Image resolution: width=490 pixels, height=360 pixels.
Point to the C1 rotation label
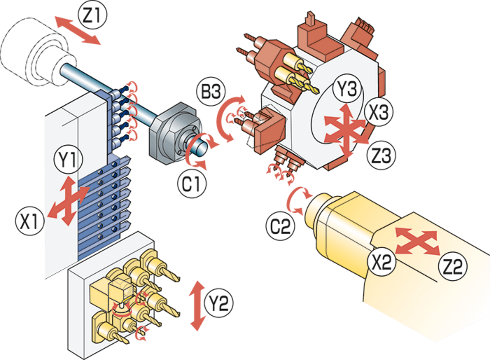point(192,184)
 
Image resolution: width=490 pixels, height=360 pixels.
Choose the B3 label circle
point(211,92)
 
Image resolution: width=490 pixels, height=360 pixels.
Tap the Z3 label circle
point(381,155)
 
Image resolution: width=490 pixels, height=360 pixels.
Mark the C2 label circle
point(281,226)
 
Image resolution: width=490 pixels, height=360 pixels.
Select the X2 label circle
point(382,262)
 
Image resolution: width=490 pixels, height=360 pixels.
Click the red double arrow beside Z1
point(78,30)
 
